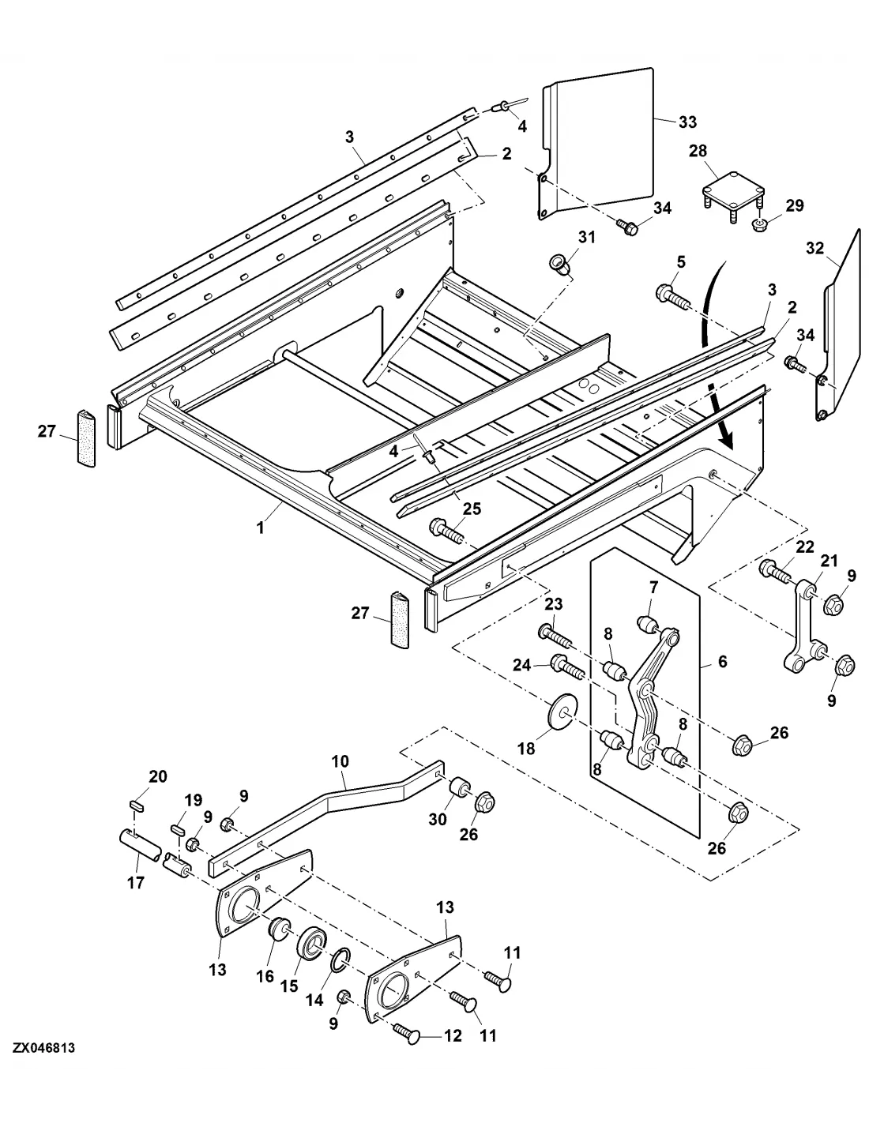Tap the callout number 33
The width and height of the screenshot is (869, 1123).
click(687, 122)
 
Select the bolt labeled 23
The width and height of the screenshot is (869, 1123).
click(554, 637)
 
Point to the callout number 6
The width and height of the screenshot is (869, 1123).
click(722, 662)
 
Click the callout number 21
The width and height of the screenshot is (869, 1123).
click(829, 561)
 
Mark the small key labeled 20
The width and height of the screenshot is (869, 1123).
click(137, 805)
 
